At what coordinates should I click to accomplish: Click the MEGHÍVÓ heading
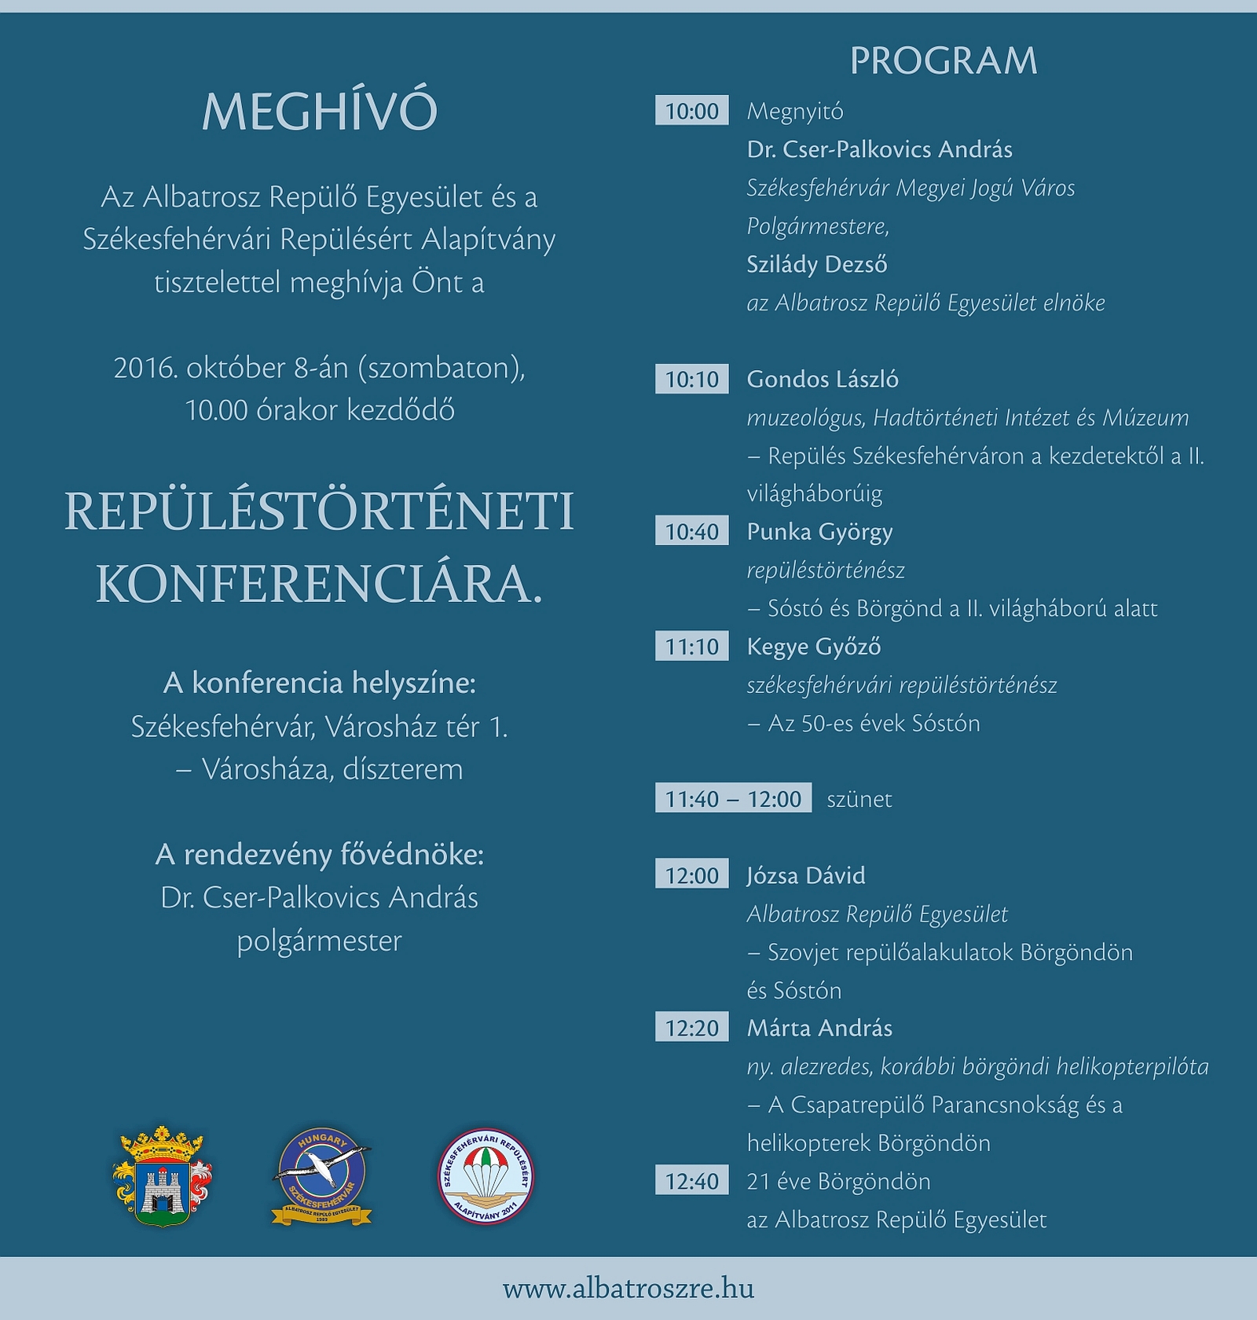click(x=319, y=112)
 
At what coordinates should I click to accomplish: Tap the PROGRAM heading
click(x=944, y=61)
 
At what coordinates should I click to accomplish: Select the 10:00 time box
click(x=691, y=111)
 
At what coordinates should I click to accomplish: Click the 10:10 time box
click(x=691, y=379)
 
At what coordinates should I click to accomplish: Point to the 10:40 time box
click(x=691, y=532)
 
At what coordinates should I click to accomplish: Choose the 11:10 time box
click(x=691, y=647)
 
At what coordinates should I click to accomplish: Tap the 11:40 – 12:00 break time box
click(x=733, y=799)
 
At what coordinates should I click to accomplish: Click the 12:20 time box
click(x=691, y=1028)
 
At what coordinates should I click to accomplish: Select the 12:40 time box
click(x=691, y=1181)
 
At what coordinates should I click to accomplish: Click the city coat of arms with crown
click(x=163, y=1176)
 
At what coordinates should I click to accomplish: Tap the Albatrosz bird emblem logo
click(x=321, y=1176)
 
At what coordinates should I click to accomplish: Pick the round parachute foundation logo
click(x=486, y=1176)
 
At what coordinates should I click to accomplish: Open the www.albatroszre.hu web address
click(x=628, y=1289)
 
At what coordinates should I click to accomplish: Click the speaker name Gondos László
click(x=823, y=379)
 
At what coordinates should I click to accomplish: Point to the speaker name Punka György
click(x=819, y=532)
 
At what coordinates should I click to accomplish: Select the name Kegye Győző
click(x=814, y=647)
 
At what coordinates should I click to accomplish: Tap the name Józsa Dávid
click(x=806, y=875)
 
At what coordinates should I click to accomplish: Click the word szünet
click(x=859, y=799)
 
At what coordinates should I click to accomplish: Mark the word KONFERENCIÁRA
click(x=319, y=584)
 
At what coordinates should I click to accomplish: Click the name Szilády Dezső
click(x=817, y=264)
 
